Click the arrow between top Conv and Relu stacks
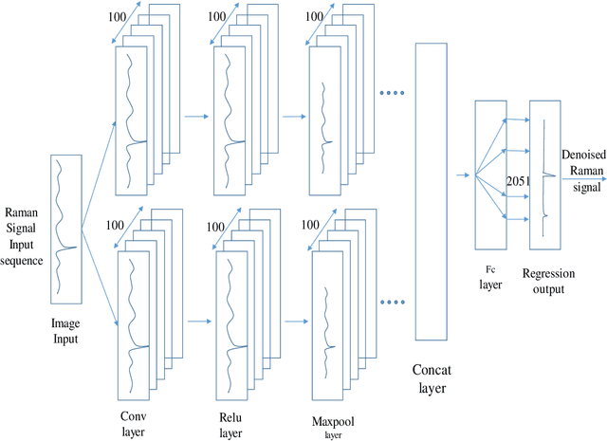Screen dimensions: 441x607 coord(195,117)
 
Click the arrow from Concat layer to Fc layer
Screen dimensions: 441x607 coord(463,175)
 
